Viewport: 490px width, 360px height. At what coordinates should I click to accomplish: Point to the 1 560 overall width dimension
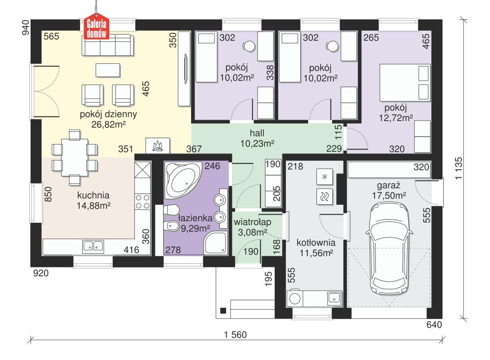tap(236, 335)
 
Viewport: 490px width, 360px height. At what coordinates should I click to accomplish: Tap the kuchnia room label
tap(94, 196)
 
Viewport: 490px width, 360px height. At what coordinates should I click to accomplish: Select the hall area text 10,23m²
tap(257, 143)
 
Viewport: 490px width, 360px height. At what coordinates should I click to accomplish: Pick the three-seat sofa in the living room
tap(108, 46)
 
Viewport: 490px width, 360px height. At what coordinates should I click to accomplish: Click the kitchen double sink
tap(94, 246)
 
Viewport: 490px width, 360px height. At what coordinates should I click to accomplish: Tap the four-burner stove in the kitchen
tap(143, 202)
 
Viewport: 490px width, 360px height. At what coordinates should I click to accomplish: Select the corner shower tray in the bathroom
tap(217, 244)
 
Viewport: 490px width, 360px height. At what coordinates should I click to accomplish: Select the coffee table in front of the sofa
tap(108, 70)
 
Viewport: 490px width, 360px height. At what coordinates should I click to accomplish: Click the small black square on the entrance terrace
tap(223, 310)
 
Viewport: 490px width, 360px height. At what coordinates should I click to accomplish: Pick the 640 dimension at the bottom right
tap(435, 324)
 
